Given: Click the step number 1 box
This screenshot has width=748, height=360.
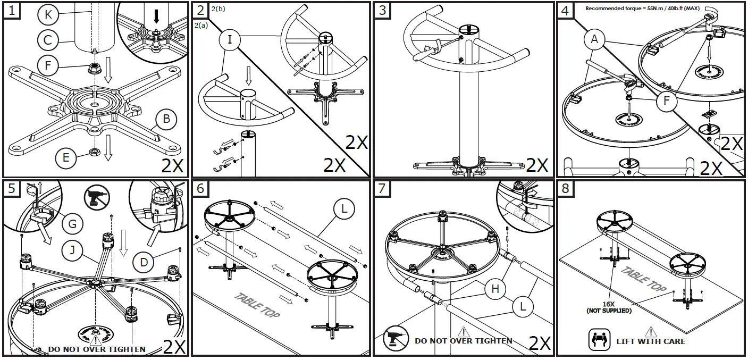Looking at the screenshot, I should tap(12, 11).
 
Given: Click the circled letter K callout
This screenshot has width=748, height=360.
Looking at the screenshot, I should tap(48, 15).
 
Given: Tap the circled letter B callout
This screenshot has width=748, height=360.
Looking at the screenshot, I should tap(166, 119).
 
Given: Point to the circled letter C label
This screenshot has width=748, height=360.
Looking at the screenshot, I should tap(48, 40).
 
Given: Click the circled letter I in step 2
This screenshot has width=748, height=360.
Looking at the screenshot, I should tap(230, 39).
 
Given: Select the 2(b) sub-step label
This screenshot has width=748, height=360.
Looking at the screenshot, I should tap(218, 9).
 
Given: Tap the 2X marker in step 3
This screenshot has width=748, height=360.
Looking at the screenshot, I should tap(537, 164).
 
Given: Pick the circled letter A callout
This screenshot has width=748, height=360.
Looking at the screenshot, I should tap(594, 39).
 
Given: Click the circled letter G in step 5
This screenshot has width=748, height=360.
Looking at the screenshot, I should tap(73, 224).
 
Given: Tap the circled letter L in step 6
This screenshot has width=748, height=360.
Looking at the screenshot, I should tap(344, 210).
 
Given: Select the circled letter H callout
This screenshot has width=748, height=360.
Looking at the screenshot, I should tap(495, 289).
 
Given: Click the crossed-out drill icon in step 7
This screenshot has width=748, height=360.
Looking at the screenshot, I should tap(396, 338).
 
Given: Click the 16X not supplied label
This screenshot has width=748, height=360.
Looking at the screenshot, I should tap(609, 307).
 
